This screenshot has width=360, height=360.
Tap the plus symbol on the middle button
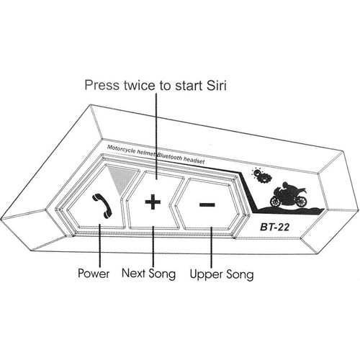(153, 202)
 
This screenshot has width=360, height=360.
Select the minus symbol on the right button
(207, 204)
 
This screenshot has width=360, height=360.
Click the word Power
(94, 274)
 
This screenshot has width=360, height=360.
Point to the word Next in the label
(134, 273)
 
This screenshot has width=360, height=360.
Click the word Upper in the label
(206, 274)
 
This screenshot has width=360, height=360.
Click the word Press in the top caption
(102, 86)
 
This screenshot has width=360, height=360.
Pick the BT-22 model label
(275, 227)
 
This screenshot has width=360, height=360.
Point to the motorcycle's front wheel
(276, 202)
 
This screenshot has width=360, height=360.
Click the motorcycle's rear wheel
(301, 201)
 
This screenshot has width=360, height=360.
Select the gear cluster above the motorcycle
(261, 176)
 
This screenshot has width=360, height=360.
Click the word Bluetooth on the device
(170, 157)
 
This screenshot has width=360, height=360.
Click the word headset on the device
(194, 161)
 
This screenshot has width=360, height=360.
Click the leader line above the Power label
(99, 245)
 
